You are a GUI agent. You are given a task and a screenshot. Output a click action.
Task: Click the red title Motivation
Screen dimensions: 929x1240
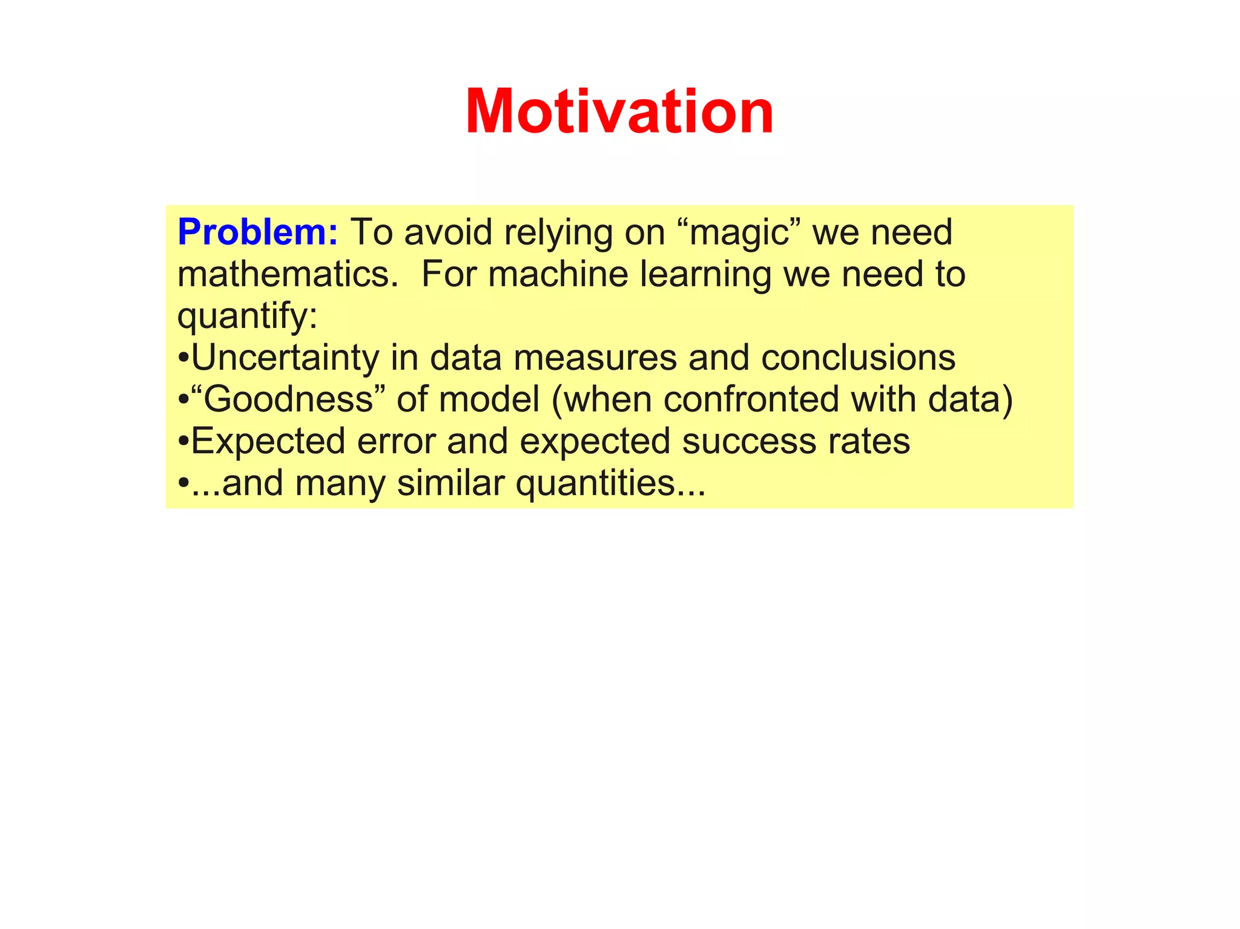point(619,113)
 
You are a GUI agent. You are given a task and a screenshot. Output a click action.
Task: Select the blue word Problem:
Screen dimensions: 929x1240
point(257,232)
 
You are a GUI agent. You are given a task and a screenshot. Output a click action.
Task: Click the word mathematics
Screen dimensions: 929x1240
point(288,274)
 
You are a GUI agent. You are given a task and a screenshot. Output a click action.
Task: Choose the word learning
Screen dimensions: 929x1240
point(705,275)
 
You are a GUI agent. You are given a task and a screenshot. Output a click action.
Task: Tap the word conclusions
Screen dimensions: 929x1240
point(858,358)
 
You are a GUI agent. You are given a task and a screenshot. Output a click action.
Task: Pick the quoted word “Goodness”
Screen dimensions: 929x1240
point(288,400)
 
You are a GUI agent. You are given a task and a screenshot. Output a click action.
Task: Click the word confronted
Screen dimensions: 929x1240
point(751,399)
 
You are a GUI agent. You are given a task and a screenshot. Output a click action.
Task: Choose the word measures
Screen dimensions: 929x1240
point(595,358)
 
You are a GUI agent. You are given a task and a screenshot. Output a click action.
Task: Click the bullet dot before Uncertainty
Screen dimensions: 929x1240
point(183,359)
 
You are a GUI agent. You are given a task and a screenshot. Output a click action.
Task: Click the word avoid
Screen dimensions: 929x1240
point(448,232)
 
